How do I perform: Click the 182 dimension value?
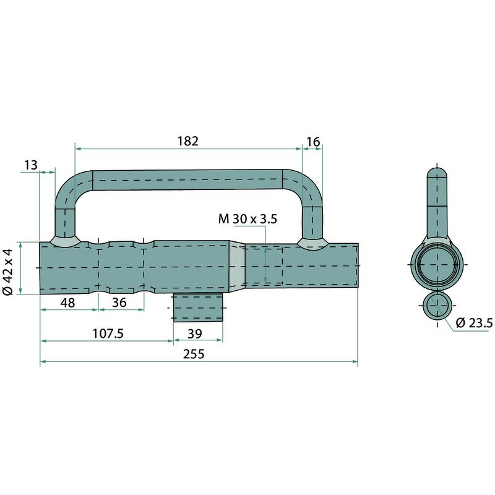coord(188,141)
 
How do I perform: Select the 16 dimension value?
coord(313,142)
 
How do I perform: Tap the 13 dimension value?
coord(31,165)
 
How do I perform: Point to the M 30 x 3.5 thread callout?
coord(247,219)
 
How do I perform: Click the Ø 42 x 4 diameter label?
coord(9,272)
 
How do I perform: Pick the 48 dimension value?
coord(68,303)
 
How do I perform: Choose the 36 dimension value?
coord(119,303)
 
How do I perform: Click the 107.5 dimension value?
coord(108,334)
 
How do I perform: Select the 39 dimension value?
coord(195,334)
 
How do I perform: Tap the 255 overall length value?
coord(194,354)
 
